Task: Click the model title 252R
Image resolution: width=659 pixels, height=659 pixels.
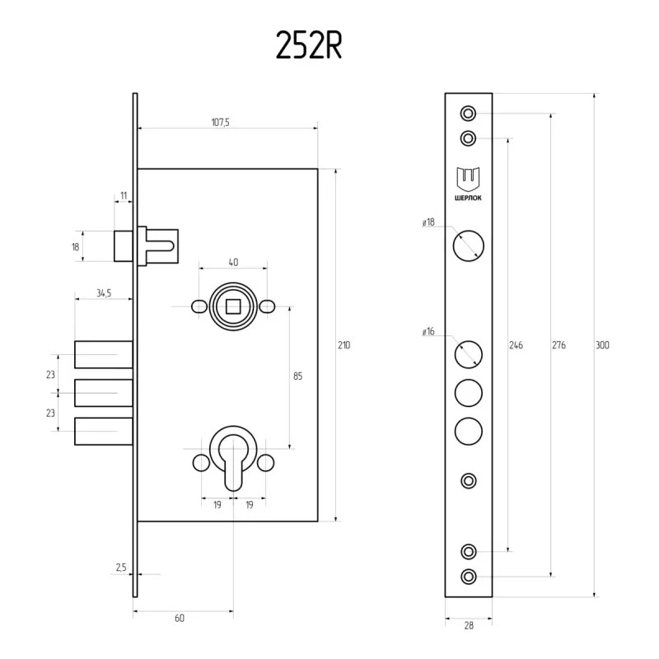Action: click(309, 45)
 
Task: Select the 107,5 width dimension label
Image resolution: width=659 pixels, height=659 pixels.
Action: click(220, 122)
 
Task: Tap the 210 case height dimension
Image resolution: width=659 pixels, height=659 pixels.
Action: click(344, 345)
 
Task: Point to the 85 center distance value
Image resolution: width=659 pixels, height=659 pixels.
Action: click(297, 376)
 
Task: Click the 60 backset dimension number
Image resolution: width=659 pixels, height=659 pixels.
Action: click(180, 619)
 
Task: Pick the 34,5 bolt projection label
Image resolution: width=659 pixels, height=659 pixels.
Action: click(104, 293)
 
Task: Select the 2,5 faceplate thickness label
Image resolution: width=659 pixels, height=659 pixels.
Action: click(121, 568)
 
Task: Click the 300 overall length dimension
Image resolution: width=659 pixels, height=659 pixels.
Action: click(602, 345)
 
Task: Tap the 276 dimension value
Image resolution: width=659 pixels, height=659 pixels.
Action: click(559, 345)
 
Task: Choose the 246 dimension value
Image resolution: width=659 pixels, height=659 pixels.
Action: click(516, 345)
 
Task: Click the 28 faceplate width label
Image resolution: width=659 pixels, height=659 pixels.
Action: click(469, 626)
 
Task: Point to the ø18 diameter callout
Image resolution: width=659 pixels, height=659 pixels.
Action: click(428, 222)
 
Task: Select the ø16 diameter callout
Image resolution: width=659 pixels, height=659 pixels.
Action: click(428, 332)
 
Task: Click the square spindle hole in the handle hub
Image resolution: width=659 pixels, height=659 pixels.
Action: click(233, 306)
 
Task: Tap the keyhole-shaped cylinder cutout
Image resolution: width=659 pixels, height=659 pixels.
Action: click(233, 462)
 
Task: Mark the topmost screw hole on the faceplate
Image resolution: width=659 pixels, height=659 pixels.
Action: click(468, 114)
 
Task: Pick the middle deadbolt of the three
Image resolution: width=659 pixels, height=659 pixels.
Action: click(104, 393)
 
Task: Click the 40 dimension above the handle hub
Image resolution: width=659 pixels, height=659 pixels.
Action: click(233, 262)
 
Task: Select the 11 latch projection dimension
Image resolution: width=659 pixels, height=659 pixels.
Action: click(124, 195)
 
